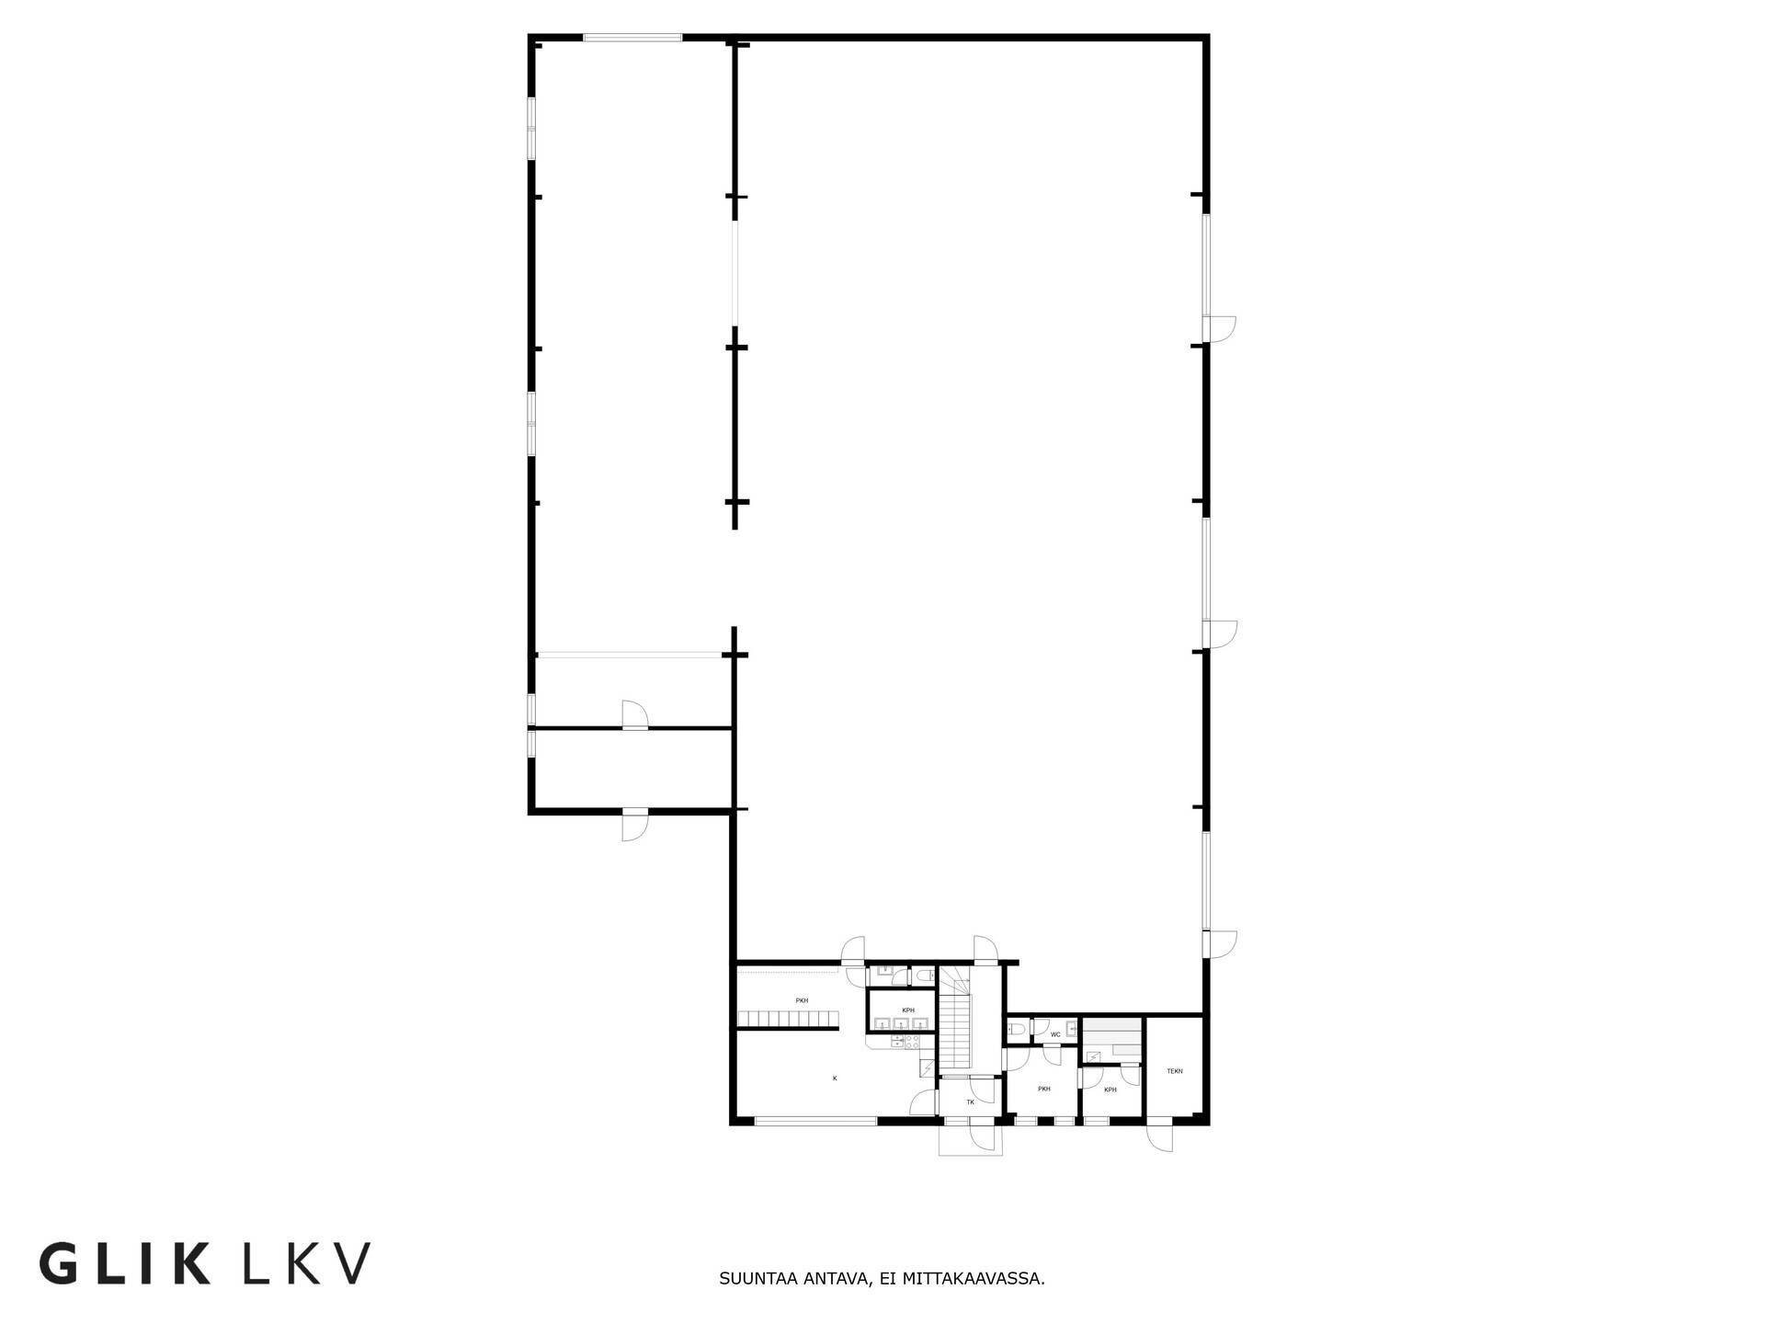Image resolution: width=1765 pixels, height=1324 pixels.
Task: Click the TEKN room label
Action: coord(1175,1071)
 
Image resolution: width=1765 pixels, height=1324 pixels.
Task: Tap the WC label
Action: coord(1055,1034)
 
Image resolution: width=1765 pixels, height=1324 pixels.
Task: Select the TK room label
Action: coord(970,1101)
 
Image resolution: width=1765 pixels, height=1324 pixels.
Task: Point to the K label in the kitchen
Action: coord(835,1078)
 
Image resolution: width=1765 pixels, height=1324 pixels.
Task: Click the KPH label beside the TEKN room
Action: coord(1110,1090)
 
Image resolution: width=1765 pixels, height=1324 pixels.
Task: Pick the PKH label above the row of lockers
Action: coord(802,1000)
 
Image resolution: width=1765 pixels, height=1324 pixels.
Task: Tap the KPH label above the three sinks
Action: coord(908,1010)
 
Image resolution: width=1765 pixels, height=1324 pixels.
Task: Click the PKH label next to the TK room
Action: coord(1044,1089)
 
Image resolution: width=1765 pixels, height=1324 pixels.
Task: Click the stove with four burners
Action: coord(912,1042)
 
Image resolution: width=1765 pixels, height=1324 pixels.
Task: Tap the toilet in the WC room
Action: coord(1014,1028)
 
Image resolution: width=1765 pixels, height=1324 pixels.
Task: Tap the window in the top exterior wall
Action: coord(633,38)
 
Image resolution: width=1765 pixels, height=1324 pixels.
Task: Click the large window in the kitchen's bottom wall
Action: coord(815,1121)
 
